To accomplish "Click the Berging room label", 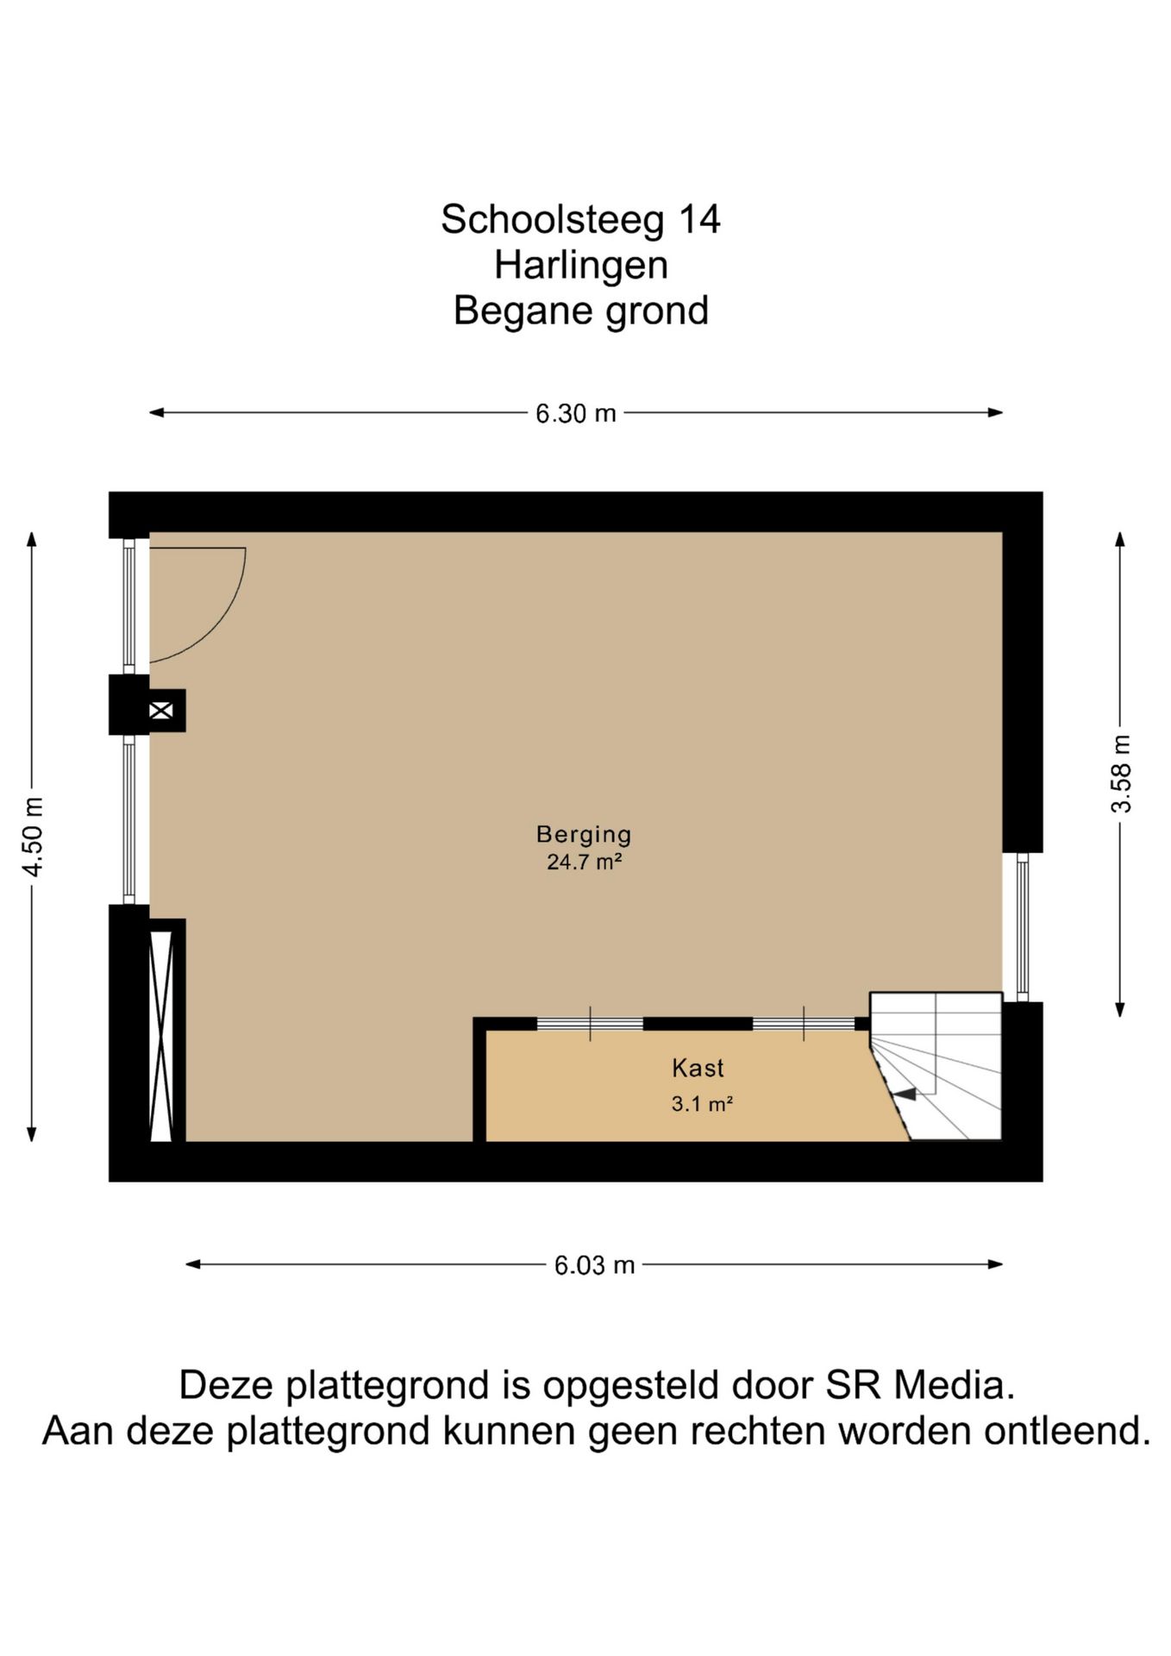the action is click(584, 834).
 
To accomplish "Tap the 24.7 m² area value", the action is click(585, 862).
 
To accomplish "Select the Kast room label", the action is click(698, 1068).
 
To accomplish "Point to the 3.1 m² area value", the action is click(702, 1103).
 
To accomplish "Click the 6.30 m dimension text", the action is click(576, 413).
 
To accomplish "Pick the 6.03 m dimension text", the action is click(594, 1265).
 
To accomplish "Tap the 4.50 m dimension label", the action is click(33, 837).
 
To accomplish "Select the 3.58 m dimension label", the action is click(1121, 773).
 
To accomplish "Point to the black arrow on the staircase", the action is click(905, 1094).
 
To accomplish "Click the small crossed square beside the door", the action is click(161, 711).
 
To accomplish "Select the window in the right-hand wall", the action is click(1023, 927).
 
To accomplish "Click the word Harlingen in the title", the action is click(581, 265).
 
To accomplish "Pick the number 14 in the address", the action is click(699, 219).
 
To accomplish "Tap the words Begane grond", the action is click(581, 310).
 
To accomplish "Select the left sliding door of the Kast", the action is click(590, 1024).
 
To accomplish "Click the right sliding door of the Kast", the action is click(804, 1024).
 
